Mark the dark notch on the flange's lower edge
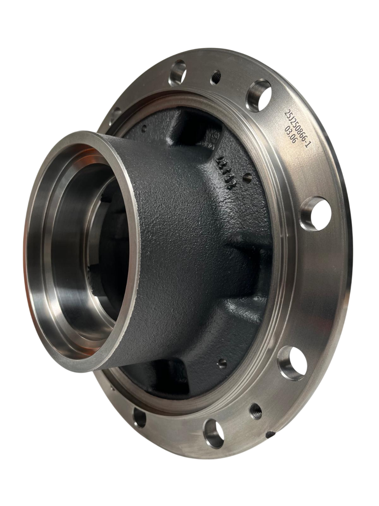270,434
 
